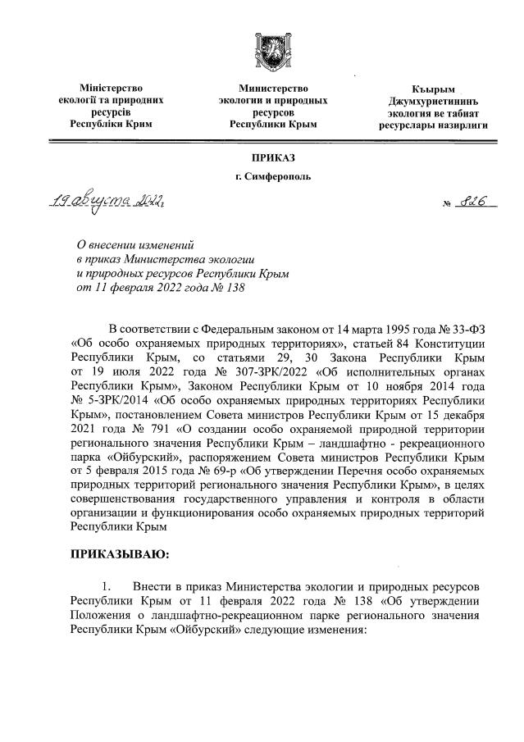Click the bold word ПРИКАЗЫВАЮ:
(120, 555)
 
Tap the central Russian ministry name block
(272, 106)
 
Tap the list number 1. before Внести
(105, 590)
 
